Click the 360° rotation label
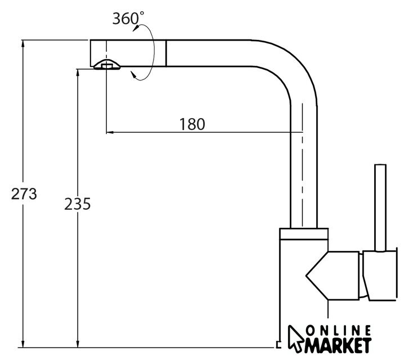[x=128, y=18]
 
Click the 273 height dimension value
[x=24, y=194]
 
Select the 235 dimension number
[x=78, y=204]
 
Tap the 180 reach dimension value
[x=192, y=124]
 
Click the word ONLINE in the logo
[x=338, y=331]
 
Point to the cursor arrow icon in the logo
[x=296, y=339]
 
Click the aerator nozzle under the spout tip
[x=107, y=65]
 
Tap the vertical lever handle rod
[x=380, y=208]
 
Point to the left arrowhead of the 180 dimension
[x=110, y=133]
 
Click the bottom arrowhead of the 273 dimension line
[x=23, y=344]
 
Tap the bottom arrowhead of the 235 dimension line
[x=78, y=344]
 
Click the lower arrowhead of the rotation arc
[x=133, y=75]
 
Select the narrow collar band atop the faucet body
[x=304, y=234]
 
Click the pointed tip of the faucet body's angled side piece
[x=306, y=275]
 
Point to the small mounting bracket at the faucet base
[x=278, y=344]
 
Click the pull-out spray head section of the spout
[x=128, y=53]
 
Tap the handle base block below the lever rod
[x=380, y=276]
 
